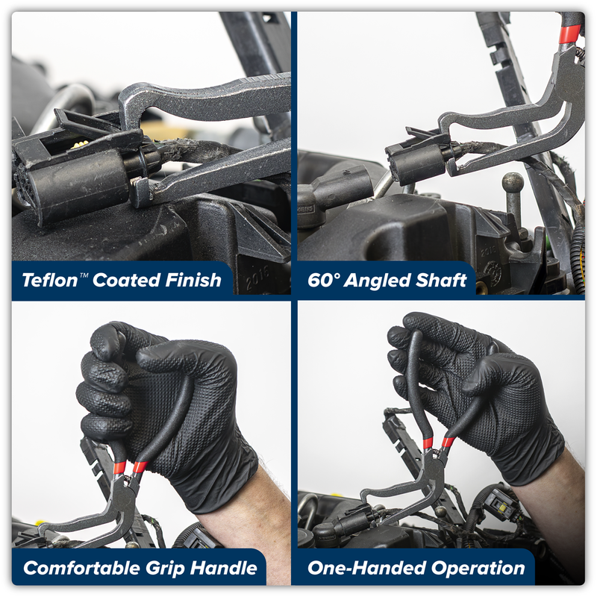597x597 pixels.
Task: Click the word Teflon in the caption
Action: point(49,281)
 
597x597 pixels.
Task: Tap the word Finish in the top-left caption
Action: point(192,281)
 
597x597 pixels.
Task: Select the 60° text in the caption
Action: point(325,281)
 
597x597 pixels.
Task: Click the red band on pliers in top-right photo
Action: point(570,34)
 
